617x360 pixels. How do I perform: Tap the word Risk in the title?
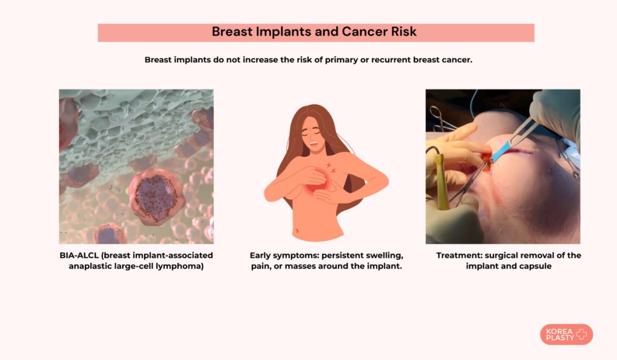pos(404,31)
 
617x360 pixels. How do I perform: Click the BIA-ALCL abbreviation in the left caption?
pos(79,255)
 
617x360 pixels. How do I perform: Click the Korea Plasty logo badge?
pos(566,335)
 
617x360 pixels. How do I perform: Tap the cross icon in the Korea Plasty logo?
pos(581,335)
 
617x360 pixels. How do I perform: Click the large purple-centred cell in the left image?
pos(155,196)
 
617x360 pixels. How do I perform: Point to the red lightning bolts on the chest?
pos(331,168)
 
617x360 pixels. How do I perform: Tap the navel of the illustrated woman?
pos(296,230)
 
